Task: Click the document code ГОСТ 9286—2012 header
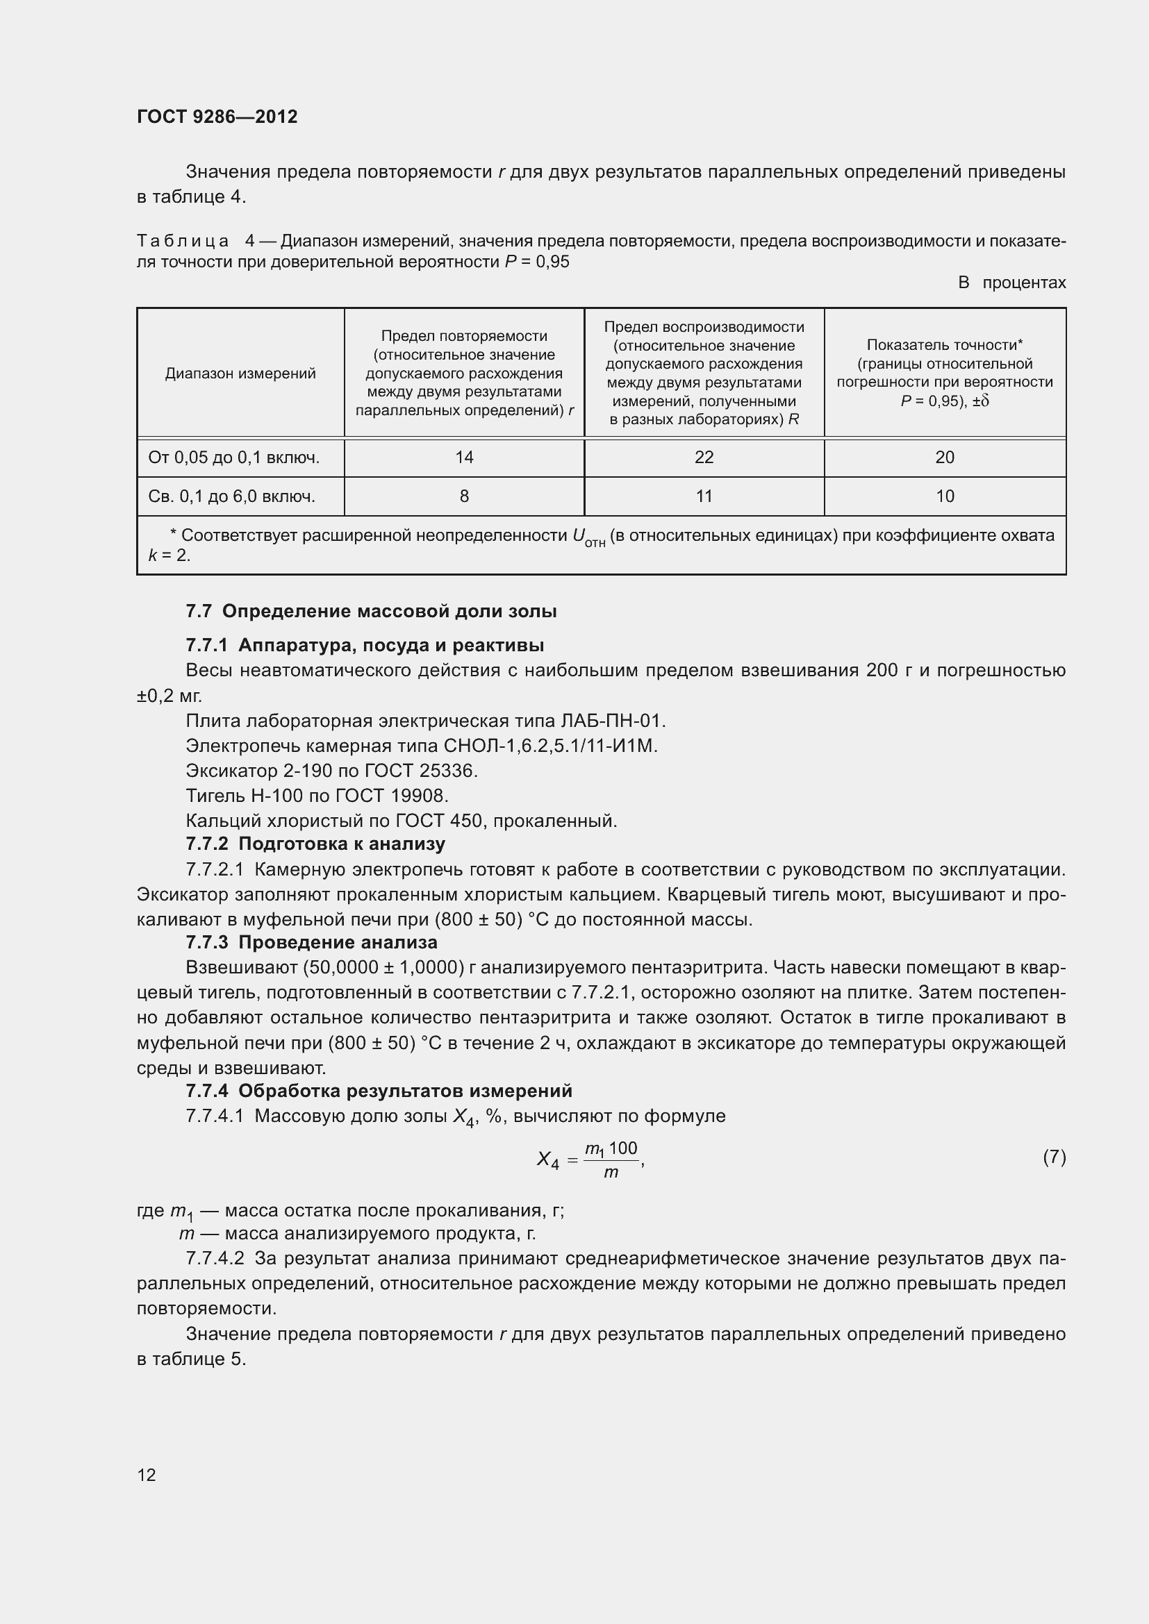tap(217, 117)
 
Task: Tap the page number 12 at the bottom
tap(147, 1475)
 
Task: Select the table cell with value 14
tap(464, 458)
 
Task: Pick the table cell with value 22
tap(704, 458)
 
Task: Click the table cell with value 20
tap(945, 458)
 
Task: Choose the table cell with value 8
tap(464, 496)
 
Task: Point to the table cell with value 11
tap(704, 496)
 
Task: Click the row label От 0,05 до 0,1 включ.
tap(233, 458)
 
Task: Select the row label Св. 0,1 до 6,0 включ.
tap(231, 496)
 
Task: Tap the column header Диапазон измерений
tap(240, 374)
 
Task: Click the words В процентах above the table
tap(1011, 283)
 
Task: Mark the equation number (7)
tap(1054, 1157)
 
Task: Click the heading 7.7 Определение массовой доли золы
tap(371, 611)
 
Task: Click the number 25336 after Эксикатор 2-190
tap(448, 770)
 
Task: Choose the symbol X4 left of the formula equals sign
tap(547, 1160)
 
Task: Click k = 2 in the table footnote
tap(169, 555)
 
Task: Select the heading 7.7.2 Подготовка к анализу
tap(315, 844)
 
